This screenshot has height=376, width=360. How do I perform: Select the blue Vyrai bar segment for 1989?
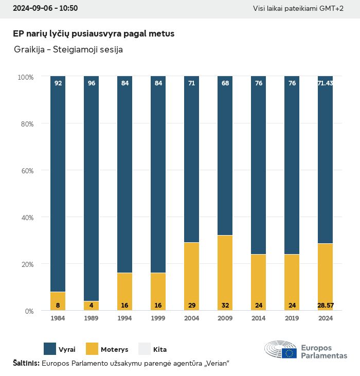tap(92, 190)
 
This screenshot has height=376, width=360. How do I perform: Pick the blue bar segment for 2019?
tap(292, 165)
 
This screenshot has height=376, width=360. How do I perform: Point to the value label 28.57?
tap(325, 306)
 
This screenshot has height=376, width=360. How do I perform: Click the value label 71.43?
tap(325, 83)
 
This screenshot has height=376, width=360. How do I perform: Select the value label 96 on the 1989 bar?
tap(92, 83)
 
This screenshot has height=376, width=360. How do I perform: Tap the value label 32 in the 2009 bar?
tap(225, 306)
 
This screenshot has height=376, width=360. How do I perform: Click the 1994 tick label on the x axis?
tap(124, 318)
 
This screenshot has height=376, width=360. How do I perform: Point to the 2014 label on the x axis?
tap(258, 318)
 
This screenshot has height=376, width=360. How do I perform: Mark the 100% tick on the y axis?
tap(25, 77)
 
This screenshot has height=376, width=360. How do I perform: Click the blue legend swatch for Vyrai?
tap(50, 349)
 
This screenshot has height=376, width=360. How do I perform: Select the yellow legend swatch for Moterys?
tap(92, 349)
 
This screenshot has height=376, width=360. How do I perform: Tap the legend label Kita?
tap(160, 349)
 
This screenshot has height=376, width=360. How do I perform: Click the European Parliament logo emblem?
tap(280, 349)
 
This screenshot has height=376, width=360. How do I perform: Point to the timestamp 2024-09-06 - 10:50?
tap(45, 9)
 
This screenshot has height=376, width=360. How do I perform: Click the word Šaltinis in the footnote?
tap(26, 363)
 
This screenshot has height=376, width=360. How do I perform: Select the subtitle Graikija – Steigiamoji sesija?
tap(68, 50)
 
